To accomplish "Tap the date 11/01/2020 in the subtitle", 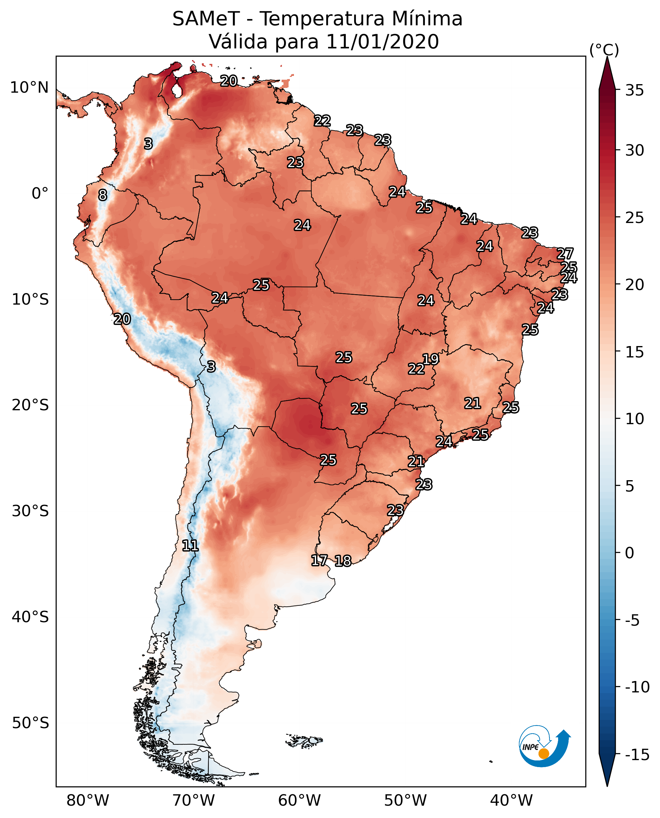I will pyautogui.click(x=382, y=41).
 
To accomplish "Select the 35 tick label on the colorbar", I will pyautogui.click(x=634, y=90).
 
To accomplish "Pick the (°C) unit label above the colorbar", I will pyautogui.click(x=604, y=50).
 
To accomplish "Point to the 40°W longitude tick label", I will pyautogui.click(x=511, y=800).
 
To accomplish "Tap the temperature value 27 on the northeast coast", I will pyautogui.click(x=565, y=254).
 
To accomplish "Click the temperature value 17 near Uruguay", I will pyautogui.click(x=319, y=560).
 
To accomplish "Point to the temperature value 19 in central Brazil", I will pyautogui.click(x=431, y=359).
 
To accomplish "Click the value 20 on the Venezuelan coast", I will pyautogui.click(x=229, y=81).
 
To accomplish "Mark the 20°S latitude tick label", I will pyautogui.click(x=30, y=405).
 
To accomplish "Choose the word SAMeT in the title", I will pyautogui.click(x=206, y=19).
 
